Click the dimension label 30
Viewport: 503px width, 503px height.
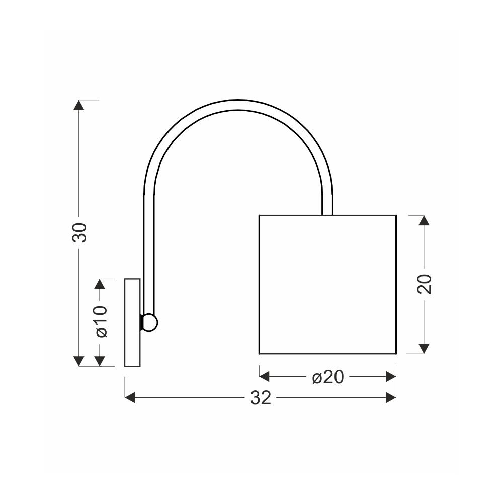(x=79, y=232)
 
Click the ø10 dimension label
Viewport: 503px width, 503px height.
(x=101, y=321)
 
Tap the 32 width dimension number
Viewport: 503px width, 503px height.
(x=261, y=398)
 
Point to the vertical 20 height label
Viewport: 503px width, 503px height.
(x=424, y=284)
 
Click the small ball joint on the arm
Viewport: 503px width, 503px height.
(x=149, y=323)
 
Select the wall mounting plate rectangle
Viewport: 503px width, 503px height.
(x=132, y=322)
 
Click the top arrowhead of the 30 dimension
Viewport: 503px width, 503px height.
(x=79, y=105)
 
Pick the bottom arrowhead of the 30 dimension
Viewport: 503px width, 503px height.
(x=79, y=361)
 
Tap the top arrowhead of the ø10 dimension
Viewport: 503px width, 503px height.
(x=100, y=284)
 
